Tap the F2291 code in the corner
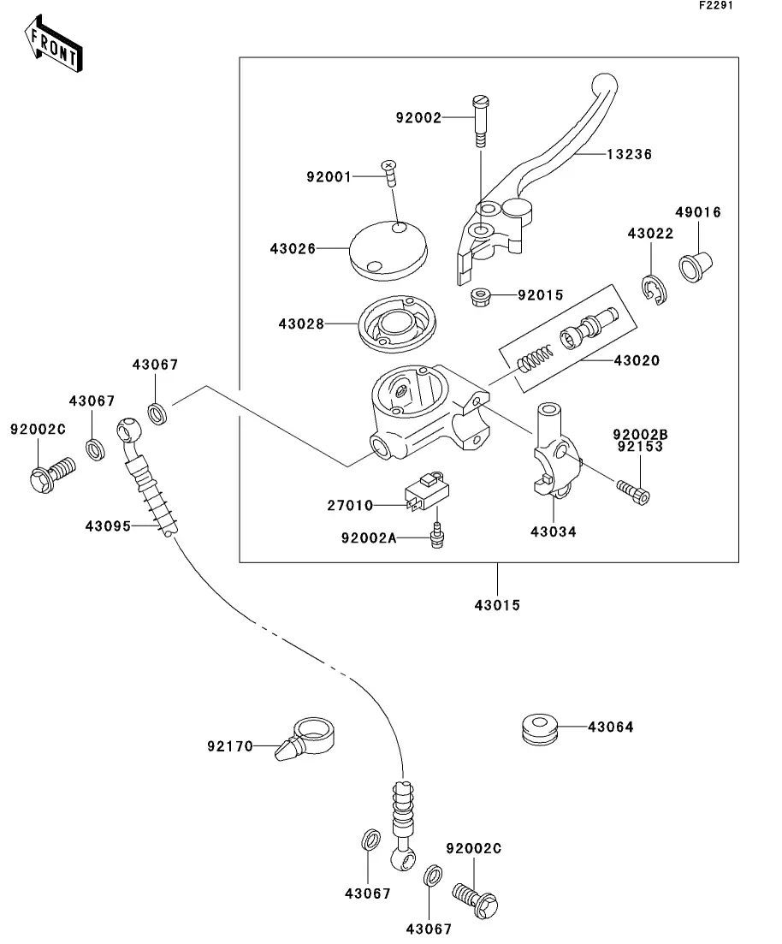coord(716,5)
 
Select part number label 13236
coord(629,155)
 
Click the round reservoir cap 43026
coord(388,250)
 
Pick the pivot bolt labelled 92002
coord(480,121)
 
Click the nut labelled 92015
coord(480,297)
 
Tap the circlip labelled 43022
coord(653,289)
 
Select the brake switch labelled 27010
coord(427,490)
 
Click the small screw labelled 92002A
coord(438,533)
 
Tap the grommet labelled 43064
coord(540,729)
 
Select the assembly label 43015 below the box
coord(497,605)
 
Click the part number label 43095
coord(108,526)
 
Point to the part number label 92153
coord(640,447)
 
